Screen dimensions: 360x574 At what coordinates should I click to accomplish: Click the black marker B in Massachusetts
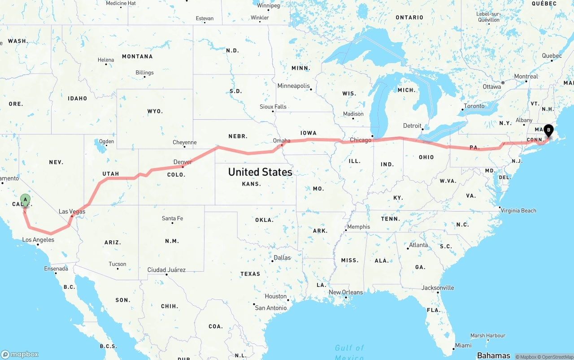click(x=548, y=130)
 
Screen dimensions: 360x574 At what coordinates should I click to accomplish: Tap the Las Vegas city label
click(x=72, y=212)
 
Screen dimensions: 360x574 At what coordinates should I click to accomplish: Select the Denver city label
click(x=183, y=162)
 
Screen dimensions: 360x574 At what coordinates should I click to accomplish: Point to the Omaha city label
click(x=282, y=141)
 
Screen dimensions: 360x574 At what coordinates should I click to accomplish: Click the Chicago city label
click(x=361, y=140)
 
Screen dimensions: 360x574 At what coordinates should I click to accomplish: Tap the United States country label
click(x=260, y=172)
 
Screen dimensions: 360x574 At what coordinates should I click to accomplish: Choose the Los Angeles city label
click(x=38, y=240)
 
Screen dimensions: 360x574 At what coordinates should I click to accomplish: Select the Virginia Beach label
click(x=518, y=211)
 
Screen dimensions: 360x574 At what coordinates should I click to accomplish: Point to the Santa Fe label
click(x=172, y=219)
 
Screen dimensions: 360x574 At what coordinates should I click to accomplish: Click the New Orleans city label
click(x=346, y=292)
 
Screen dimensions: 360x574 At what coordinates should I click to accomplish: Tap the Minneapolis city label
click(x=293, y=86)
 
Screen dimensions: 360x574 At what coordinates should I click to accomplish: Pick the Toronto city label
click(x=474, y=106)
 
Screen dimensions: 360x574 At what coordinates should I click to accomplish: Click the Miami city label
click(x=463, y=346)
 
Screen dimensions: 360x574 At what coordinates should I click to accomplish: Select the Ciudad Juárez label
click(x=166, y=270)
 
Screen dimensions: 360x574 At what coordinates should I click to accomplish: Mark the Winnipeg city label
click(x=268, y=6)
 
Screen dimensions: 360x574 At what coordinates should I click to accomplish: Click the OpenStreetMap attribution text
click(x=556, y=357)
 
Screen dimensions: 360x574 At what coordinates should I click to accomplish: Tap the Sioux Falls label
click(x=273, y=107)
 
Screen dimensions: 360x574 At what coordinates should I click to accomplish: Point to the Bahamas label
click(x=493, y=356)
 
